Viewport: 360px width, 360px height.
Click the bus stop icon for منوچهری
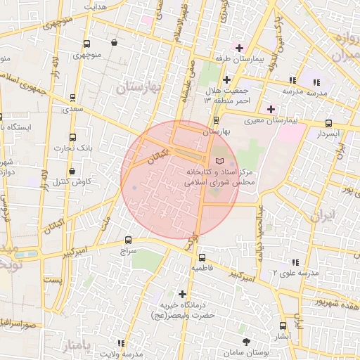(x=86, y=44)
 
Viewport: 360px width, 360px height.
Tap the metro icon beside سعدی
(x=72, y=98)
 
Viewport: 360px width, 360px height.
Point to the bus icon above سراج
(x=128, y=240)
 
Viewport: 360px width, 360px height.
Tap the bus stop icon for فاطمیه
(x=202, y=257)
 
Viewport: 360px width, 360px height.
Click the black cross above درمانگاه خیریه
(x=183, y=293)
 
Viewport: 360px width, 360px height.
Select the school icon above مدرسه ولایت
(x=121, y=343)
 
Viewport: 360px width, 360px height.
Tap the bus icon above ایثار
(x=283, y=326)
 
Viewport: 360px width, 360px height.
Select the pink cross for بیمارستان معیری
(x=271, y=109)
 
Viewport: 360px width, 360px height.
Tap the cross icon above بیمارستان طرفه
(x=239, y=48)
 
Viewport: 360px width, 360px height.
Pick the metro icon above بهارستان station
(x=216, y=120)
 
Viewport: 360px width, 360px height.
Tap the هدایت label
(x=96, y=6)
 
